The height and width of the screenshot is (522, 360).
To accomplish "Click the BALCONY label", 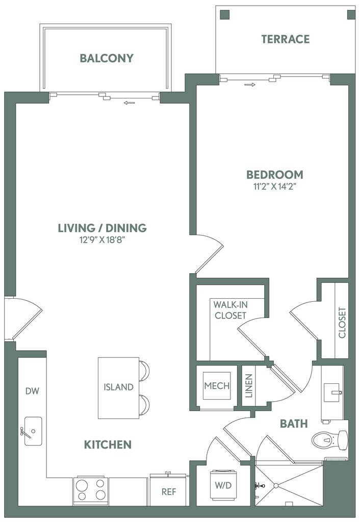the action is click(x=107, y=58).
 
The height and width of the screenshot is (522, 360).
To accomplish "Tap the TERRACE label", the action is click(x=286, y=39).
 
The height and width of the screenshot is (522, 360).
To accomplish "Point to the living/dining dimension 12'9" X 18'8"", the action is click(x=102, y=240).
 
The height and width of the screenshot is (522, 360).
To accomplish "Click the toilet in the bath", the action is click(x=330, y=440).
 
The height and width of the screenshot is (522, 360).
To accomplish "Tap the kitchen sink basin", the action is click(x=33, y=431).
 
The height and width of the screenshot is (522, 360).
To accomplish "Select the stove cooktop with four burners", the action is click(x=91, y=491).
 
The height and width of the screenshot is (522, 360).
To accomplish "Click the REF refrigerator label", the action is click(x=169, y=492).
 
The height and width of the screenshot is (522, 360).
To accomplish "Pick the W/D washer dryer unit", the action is click(x=223, y=485).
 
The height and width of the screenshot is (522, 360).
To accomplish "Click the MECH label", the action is click(x=217, y=386).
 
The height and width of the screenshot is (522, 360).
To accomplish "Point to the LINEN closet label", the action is click(x=249, y=386).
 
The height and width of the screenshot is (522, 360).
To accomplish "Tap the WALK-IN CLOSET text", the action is click(x=230, y=310).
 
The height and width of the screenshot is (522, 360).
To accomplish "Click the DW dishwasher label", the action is click(x=32, y=391).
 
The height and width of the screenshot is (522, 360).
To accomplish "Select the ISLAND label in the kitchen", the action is click(x=118, y=387).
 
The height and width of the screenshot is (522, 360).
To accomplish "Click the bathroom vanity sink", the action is click(x=332, y=393).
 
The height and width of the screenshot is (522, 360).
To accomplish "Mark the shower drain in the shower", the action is click(x=276, y=486).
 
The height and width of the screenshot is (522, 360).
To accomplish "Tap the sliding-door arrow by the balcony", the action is click(x=129, y=103).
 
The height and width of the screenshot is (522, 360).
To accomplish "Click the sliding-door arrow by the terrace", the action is click(x=250, y=85).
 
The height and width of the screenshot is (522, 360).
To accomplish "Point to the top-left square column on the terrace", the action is click(x=225, y=15).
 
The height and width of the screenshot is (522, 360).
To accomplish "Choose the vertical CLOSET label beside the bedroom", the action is click(x=342, y=323).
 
